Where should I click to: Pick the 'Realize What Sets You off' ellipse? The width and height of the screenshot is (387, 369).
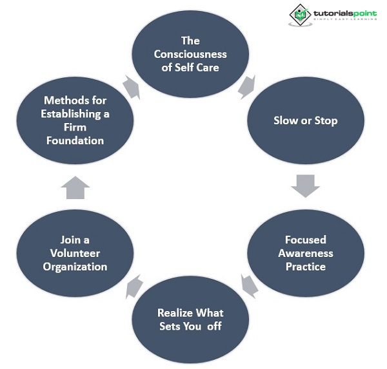(190, 319)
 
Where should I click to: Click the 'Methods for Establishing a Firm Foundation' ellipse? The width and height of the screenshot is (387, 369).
(75, 120)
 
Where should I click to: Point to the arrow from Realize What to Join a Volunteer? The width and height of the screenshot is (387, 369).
(134, 286)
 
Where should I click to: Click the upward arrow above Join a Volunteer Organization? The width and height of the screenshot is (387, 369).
(76, 188)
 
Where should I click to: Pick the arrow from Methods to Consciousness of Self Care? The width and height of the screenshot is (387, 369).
(132, 86)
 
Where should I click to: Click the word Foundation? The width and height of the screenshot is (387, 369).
(75, 140)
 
